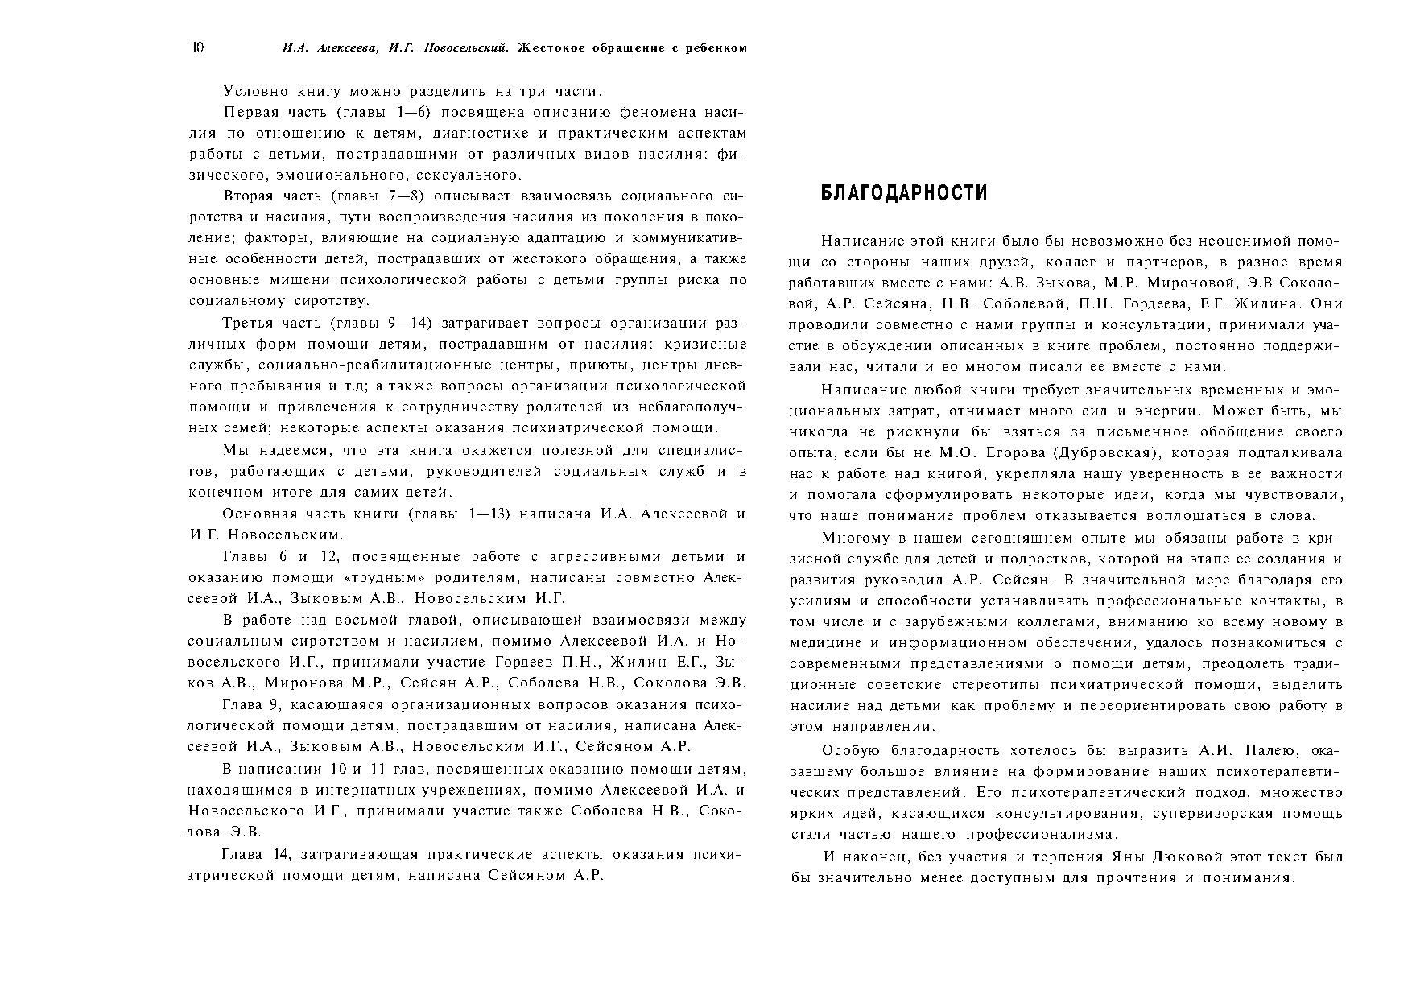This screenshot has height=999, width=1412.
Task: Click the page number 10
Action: tap(197, 47)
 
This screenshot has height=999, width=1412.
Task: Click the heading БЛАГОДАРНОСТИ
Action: tap(903, 193)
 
